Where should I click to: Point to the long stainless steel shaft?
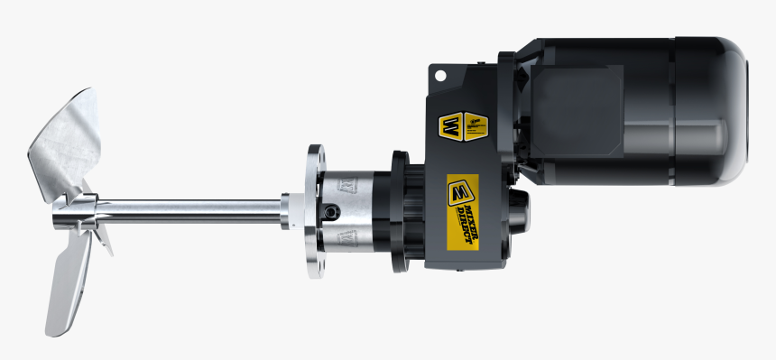(199, 214)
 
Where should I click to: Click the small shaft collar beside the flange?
(286, 214)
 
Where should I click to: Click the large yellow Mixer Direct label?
(463, 213)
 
